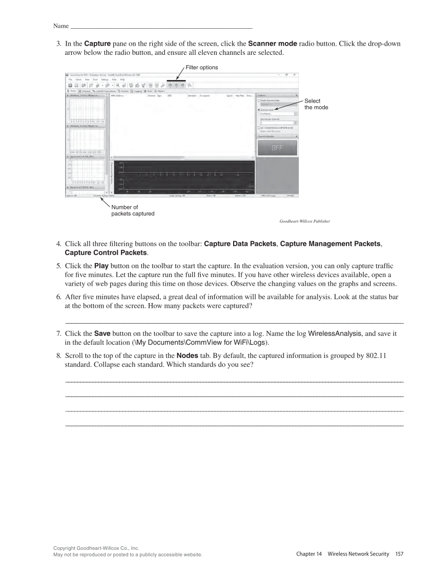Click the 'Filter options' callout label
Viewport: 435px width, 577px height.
coord(202,67)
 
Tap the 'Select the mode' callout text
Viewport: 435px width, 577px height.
coord(316,104)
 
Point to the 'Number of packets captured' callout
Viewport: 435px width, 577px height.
coord(133,210)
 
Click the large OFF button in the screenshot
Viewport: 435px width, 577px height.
coord(277,148)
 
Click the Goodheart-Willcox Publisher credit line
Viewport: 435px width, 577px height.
coord(304,222)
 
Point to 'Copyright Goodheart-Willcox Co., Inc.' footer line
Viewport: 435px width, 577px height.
coord(96,548)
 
